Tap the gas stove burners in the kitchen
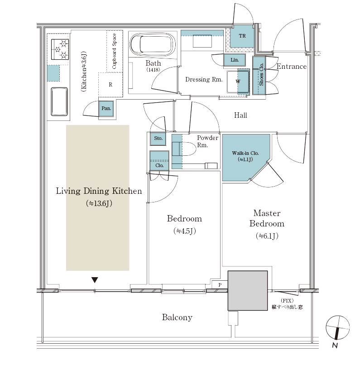(x=60, y=49)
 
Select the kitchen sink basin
(x=59, y=101)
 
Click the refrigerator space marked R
(x=110, y=85)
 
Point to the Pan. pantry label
(x=106, y=108)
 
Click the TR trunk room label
(x=242, y=36)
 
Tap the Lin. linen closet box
(x=235, y=60)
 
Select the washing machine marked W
(x=238, y=82)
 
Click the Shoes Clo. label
(x=261, y=75)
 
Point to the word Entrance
(x=291, y=67)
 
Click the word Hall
(x=240, y=115)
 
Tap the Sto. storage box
(x=158, y=139)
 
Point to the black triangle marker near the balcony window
(x=95, y=280)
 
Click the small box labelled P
(x=220, y=285)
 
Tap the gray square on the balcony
(x=248, y=290)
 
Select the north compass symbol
(x=337, y=328)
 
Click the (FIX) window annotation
(x=287, y=301)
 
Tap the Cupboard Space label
(x=115, y=51)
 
